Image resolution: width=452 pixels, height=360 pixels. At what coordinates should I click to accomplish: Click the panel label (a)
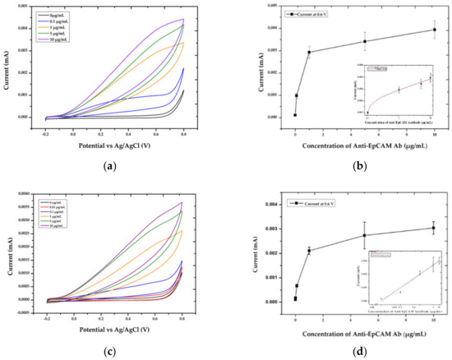113,165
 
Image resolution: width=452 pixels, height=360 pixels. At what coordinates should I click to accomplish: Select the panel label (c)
113,353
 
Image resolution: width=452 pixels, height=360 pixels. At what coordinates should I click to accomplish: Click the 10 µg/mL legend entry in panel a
62,39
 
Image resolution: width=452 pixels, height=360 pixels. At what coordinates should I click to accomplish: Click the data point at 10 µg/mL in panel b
434,30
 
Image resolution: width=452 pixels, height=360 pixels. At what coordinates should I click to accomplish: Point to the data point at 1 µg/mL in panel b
309,53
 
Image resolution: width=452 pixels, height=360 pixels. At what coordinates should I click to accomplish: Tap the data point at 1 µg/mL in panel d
309,251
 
